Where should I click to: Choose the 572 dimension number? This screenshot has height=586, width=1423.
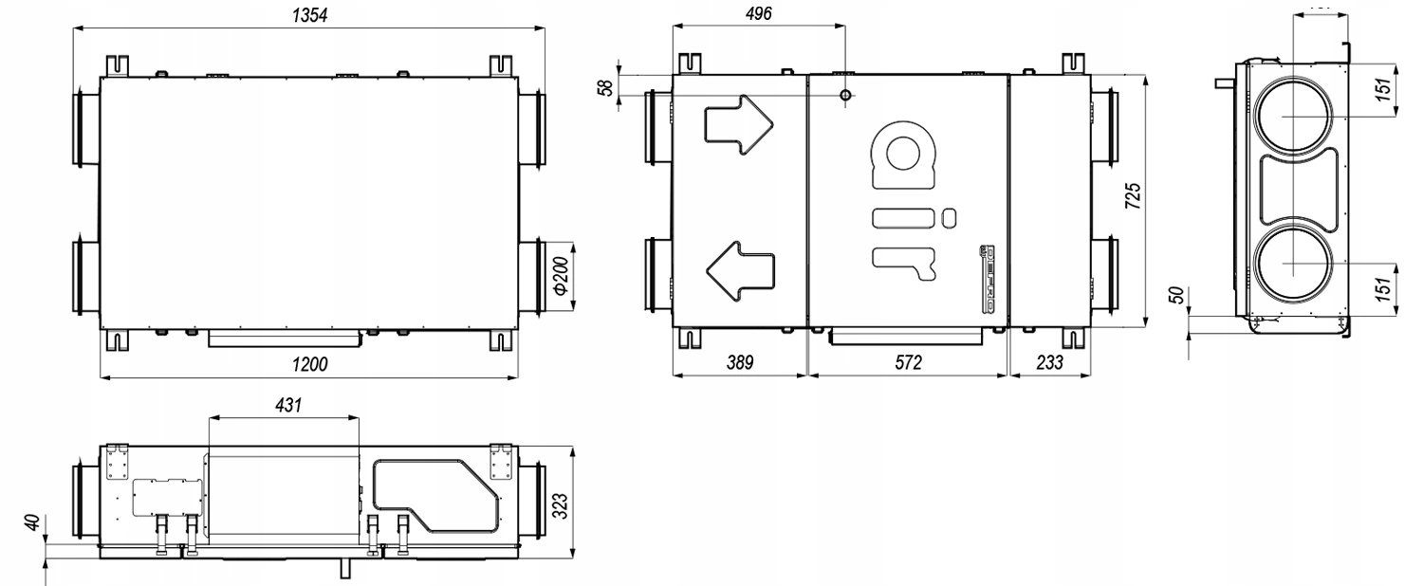tap(908, 363)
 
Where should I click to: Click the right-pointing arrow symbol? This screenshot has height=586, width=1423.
tap(737, 124)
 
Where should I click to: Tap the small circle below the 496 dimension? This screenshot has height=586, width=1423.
tap(845, 95)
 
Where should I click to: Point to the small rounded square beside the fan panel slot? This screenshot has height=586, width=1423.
tap(948, 216)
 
